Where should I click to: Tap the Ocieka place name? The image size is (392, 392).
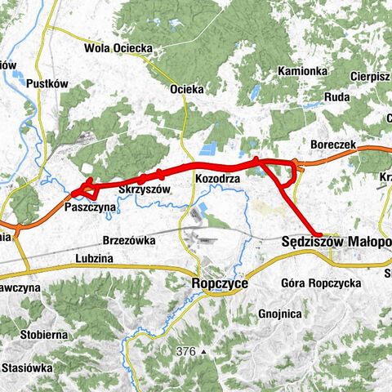186,89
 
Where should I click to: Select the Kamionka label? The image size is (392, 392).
302,71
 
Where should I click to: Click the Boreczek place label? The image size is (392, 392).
333,144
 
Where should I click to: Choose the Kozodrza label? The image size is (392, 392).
216,177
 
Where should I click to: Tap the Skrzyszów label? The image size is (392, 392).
144,189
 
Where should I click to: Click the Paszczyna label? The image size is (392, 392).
89,208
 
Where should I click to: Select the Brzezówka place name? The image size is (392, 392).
130,241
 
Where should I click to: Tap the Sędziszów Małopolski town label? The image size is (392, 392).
336,242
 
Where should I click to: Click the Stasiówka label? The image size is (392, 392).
27,368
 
